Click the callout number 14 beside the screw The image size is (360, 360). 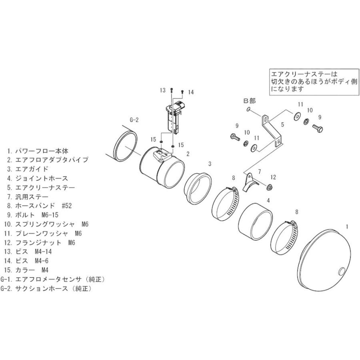tap(190, 92)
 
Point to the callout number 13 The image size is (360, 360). tap(162, 91)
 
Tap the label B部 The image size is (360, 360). tap(249, 101)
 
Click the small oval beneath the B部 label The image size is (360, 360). tap(248, 109)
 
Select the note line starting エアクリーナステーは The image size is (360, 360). tap(304, 74)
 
